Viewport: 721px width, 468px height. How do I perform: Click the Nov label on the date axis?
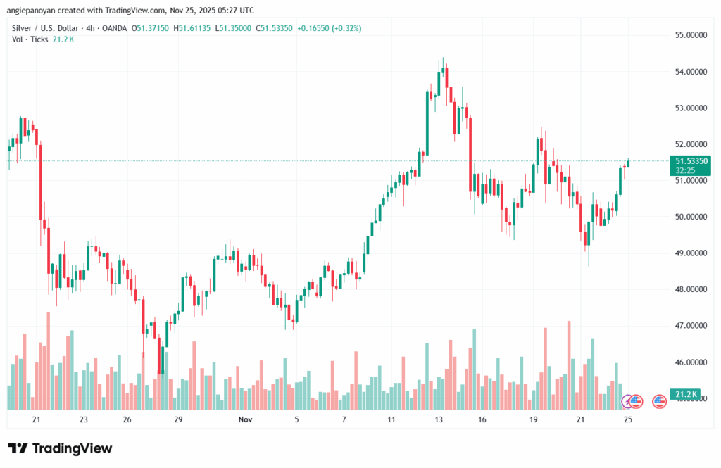pos(244,419)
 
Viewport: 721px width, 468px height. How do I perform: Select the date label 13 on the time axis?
pos(439,419)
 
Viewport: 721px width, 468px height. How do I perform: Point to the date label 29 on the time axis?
pos(178,419)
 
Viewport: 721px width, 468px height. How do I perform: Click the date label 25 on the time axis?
pos(628,419)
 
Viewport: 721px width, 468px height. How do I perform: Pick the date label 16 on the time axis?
pos(482,419)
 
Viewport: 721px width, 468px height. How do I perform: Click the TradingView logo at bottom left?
pos(60,448)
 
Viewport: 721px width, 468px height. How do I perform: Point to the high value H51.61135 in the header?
pos(193,27)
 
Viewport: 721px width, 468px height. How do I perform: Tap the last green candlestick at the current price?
pos(628,164)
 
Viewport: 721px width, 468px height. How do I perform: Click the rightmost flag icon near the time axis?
pos(660,401)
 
